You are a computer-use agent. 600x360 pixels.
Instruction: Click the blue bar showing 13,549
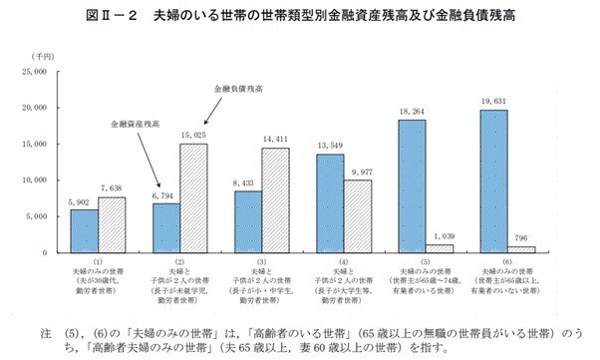(331, 202)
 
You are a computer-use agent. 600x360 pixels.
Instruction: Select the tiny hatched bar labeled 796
(521, 249)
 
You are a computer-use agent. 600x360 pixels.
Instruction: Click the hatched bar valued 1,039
(440, 248)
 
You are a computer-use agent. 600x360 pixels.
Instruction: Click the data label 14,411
(276, 141)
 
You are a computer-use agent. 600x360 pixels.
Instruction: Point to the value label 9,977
(358, 173)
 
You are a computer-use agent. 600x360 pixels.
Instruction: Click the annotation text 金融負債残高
(237, 90)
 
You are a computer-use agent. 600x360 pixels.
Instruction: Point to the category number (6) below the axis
(507, 260)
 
